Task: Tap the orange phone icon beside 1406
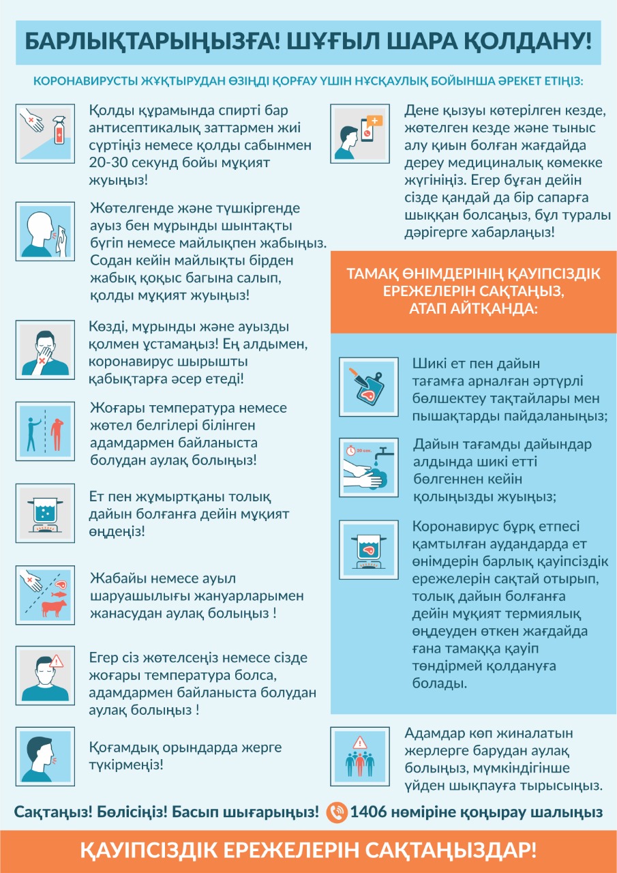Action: point(337,812)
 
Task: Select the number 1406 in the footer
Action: point(369,812)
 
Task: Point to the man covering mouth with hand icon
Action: point(44,351)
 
